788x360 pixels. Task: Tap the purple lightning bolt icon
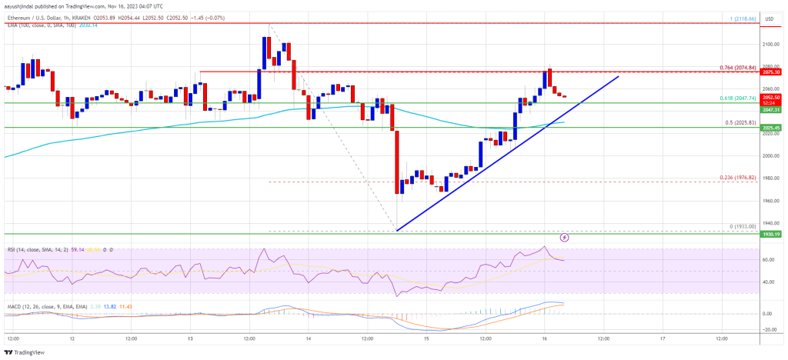click(565, 238)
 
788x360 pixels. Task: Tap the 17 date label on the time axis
click(662, 338)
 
